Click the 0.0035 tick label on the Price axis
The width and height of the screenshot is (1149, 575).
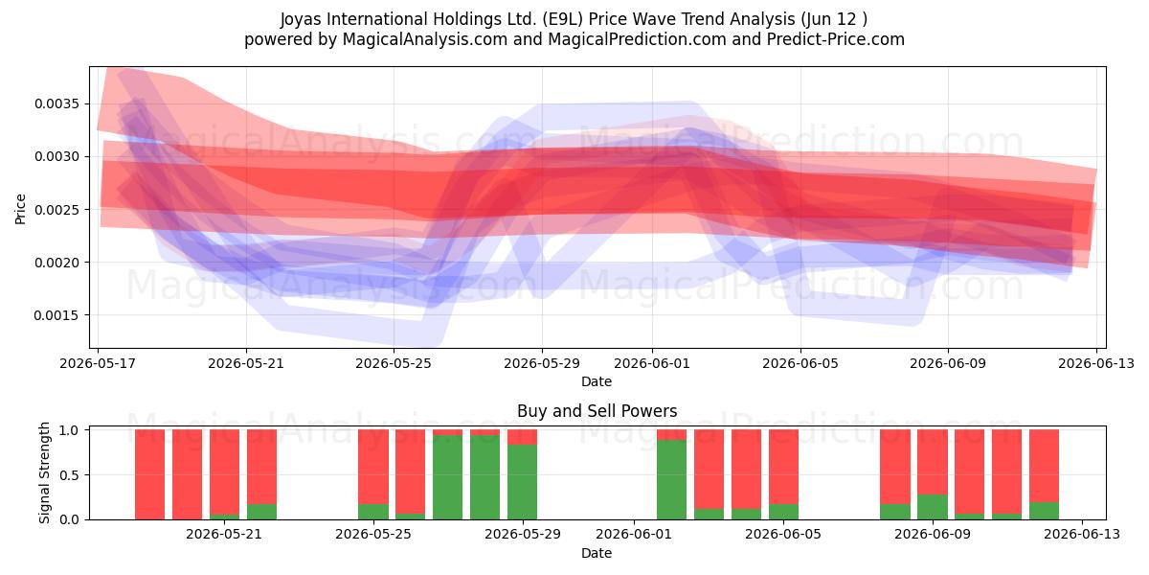coord(56,104)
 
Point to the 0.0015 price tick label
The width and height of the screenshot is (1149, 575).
coord(56,315)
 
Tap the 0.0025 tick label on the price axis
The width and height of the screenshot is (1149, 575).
coord(56,210)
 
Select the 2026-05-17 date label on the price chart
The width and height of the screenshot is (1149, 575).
coord(98,363)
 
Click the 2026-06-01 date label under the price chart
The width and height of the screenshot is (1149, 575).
coord(652,363)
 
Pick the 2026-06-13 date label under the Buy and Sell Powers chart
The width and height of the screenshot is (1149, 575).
coord(1082,534)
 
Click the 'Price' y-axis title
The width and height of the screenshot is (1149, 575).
coord(20,209)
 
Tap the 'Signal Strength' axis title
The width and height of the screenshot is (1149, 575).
coord(45,472)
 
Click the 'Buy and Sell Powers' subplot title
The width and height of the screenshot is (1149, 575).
coord(597,411)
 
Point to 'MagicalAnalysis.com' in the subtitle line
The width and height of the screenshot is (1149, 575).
coord(425,39)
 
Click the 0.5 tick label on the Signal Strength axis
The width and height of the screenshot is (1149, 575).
coord(69,475)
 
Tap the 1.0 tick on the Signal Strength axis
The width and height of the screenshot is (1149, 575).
coord(69,430)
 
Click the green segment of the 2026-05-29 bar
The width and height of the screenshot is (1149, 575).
coord(522,482)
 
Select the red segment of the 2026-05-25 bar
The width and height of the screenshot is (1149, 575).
coord(373,467)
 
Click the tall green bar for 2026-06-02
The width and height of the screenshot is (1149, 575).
coord(671,480)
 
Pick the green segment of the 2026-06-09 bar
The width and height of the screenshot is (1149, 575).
coord(933,507)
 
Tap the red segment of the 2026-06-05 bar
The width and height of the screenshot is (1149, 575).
coord(783,467)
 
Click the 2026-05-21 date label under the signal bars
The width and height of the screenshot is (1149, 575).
coord(224,534)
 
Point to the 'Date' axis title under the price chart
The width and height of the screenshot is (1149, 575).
coord(596,381)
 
